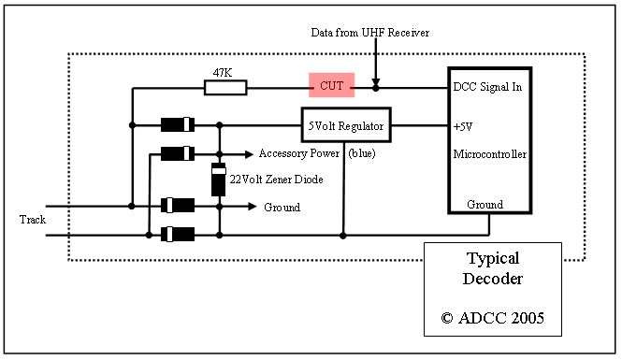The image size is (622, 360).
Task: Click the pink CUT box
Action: click(x=332, y=87)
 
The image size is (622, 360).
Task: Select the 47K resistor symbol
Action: click(x=225, y=88)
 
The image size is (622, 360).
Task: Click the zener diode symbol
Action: click(x=219, y=180)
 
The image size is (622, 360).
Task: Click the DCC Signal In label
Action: click(x=485, y=87)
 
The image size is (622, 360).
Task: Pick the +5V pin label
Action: click(x=463, y=123)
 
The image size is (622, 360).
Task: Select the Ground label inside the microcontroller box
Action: click(x=485, y=204)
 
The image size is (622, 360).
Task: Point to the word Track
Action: click(x=32, y=220)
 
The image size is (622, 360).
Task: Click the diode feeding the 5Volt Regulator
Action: click(x=177, y=123)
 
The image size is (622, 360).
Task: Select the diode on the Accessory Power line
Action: click(x=177, y=152)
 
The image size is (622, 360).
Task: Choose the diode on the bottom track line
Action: click(x=177, y=234)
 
